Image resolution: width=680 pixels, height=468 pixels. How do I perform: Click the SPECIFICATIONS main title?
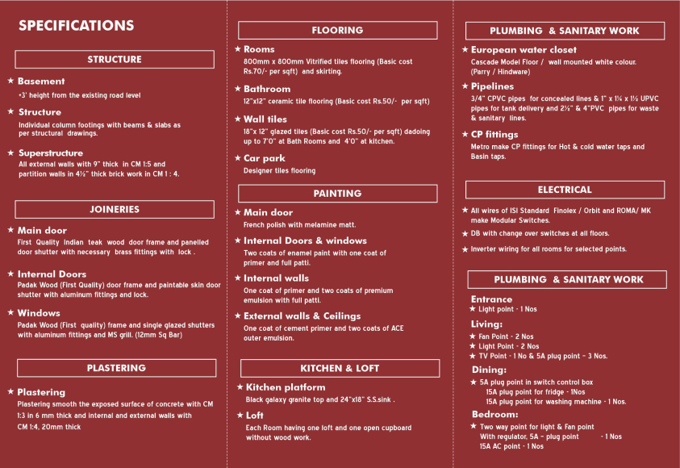pos(76,26)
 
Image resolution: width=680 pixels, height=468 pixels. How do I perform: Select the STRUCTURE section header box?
pos(115,60)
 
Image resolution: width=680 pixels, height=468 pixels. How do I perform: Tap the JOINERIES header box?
pos(115,210)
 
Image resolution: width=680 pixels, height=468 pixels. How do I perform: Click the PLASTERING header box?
pos(116,368)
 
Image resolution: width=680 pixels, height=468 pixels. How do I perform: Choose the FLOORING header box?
pos(337,31)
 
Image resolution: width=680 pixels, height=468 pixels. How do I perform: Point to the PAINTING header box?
pos(337,194)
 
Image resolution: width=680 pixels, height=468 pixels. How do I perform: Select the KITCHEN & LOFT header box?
pos(340,369)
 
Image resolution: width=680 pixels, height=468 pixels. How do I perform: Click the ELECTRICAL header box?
pos(565,190)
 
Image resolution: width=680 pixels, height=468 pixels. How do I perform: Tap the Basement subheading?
pos(41,81)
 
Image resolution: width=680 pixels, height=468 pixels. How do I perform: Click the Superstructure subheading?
pos(51,153)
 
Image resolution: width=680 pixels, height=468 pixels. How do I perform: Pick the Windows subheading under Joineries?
pos(39,313)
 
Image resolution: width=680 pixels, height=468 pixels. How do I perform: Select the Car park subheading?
pos(265,159)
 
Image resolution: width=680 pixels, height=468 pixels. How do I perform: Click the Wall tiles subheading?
pos(265,119)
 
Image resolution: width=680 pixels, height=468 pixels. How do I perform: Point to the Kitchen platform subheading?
pos(286,387)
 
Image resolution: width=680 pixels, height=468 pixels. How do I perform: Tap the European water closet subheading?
pos(524,50)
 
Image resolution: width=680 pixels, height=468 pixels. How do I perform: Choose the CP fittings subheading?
pos(494,135)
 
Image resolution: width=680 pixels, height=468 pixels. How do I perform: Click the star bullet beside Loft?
pos(240,415)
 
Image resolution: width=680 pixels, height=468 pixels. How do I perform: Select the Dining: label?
pos(489,370)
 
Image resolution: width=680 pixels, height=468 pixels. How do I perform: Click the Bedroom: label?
pos(494,415)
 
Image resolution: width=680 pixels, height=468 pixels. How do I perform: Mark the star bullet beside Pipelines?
pos(465,86)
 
